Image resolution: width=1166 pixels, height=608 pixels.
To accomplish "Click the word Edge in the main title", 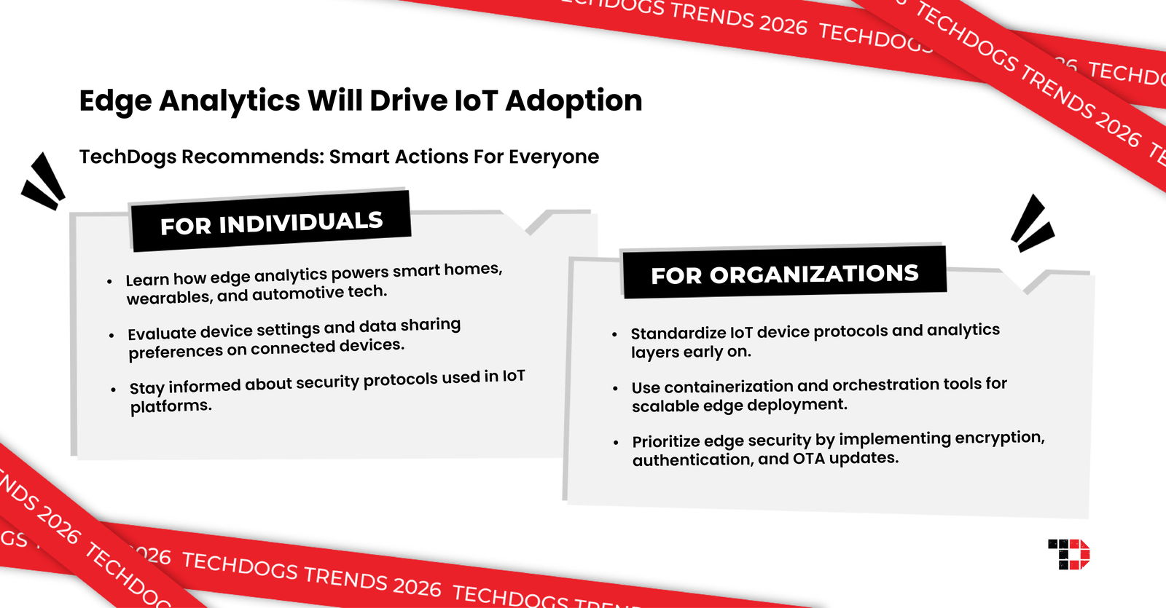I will (x=117, y=100).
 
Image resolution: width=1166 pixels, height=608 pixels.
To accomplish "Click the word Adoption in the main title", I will (x=574, y=100).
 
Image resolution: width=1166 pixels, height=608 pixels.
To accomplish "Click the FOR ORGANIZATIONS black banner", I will (x=784, y=274).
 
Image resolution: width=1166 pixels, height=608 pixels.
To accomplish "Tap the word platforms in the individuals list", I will (x=171, y=406).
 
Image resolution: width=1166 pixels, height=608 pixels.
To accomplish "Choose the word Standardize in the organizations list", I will (x=678, y=333).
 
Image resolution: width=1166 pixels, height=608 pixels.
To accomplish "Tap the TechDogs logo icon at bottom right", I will (x=1069, y=554).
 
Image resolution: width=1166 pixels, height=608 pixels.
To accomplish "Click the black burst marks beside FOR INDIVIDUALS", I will (x=44, y=182).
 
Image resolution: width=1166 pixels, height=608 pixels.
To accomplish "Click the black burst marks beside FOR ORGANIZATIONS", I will (x=1032, y=224).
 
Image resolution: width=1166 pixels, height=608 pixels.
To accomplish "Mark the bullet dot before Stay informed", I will (x=113, y=390).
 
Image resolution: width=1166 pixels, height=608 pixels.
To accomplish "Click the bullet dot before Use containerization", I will (x=616, y=388).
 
